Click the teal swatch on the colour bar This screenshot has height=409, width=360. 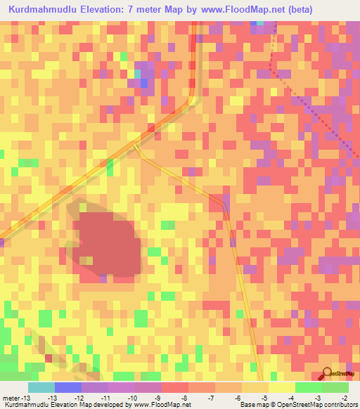[41, 387]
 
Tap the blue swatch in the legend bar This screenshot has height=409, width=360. [67, 387]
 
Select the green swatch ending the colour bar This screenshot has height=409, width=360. [335, 387]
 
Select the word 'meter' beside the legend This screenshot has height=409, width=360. [11, 398]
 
